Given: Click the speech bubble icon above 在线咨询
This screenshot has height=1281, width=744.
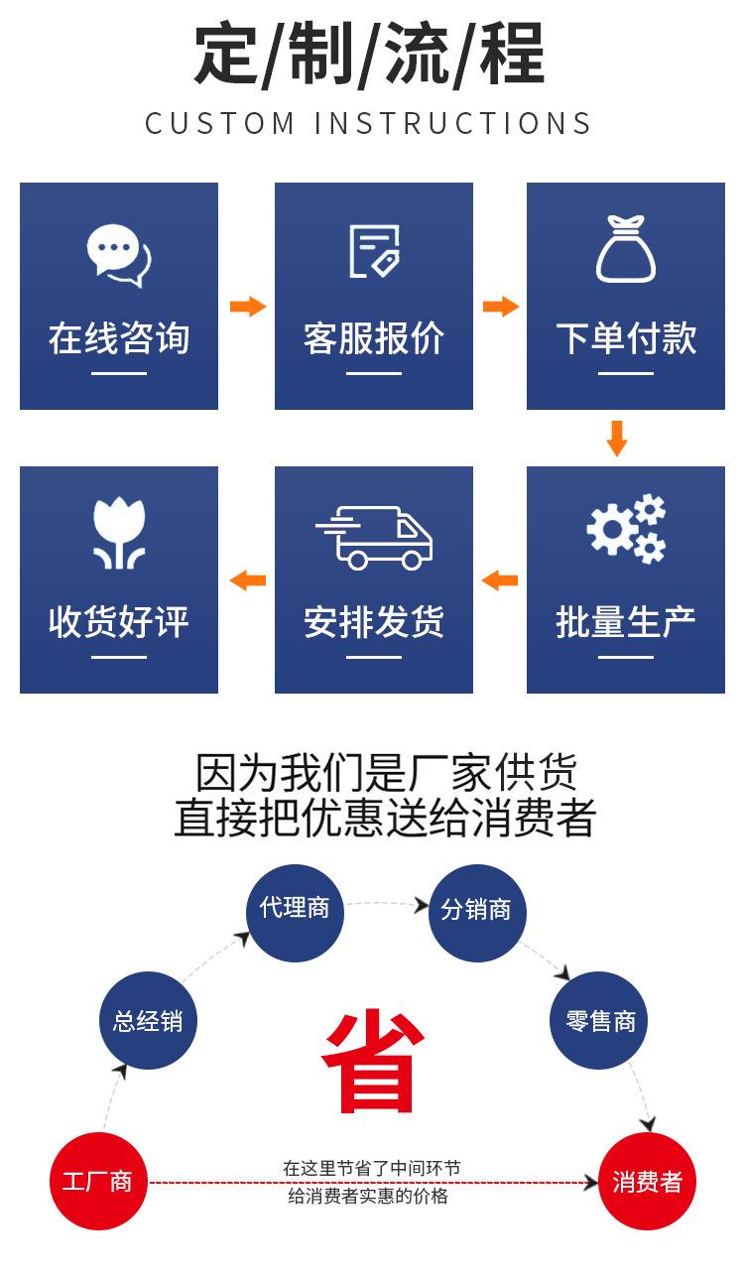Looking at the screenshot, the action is point(119,255).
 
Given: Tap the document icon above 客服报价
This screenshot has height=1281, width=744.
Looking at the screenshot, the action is point(375,251).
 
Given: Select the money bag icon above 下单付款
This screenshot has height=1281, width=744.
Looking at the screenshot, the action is point(626,249).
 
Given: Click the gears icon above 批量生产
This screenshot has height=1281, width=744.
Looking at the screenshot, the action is point(626,529).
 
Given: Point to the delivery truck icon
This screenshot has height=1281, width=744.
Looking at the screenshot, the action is point(374,538).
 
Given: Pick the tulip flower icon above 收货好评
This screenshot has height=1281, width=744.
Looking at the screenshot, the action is point(119,533).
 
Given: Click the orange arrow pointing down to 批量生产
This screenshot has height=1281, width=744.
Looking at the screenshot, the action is point(616,439).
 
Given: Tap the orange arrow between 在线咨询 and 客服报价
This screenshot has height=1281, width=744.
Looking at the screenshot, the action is point(248,307).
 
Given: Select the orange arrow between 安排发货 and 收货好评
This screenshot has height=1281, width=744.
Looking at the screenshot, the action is point(248,580).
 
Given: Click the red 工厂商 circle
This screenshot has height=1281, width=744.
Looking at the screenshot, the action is point(98,1181).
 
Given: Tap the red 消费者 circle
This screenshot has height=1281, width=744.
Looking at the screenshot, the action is point(648,1181).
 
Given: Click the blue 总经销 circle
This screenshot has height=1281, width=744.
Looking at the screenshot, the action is point(148,1020).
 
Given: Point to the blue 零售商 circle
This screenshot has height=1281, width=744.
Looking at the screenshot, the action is point(599,1020).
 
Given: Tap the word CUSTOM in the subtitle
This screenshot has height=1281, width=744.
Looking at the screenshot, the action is point(219,123).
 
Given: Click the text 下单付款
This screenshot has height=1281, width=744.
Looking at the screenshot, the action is point(626,338).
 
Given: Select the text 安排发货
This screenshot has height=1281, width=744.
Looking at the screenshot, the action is point(374,621).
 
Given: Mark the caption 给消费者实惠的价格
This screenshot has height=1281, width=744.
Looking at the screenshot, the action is point(368,1196).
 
